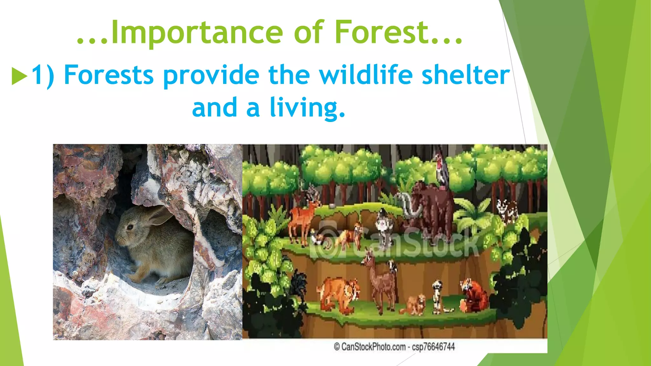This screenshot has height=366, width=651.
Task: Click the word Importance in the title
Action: pyautogui.click(x=197, y=32)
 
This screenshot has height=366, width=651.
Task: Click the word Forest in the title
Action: pyautogui.click(x=381, y=32)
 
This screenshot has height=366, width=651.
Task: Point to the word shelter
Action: pyautogui.click(x=465, y=75)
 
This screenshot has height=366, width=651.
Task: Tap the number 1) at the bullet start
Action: pyautogui.click(x=43, y=75)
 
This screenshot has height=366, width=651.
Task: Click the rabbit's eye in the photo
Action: pyautogui.click(x=130, y=227)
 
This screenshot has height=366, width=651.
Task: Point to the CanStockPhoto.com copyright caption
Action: pyautogui.click(x=394, y=347)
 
